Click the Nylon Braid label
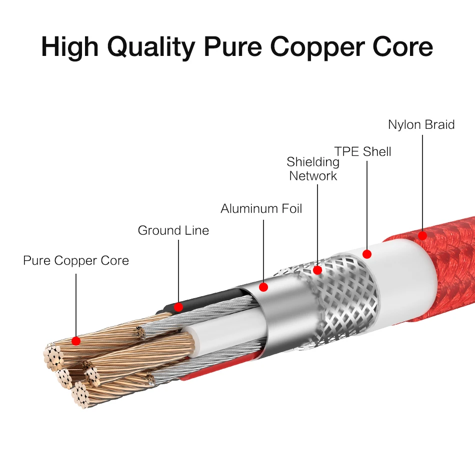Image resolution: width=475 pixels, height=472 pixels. click(421, 124)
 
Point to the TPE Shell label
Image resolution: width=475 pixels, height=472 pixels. click(362, 151)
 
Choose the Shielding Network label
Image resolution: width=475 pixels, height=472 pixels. click(313, 169)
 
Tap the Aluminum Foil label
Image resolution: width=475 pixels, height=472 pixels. click(261, 208)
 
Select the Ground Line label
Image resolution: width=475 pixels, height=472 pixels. click(173, 230)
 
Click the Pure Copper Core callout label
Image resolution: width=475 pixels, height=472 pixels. click(76, 261)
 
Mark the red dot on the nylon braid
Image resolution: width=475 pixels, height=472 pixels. click(422, 234)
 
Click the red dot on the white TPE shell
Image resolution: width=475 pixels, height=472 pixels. click(367, 254)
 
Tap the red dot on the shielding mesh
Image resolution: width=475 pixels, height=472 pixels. click(317, 270)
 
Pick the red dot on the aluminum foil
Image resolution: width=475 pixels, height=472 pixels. click(263, 287)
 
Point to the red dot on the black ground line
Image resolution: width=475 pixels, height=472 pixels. click(178, 307)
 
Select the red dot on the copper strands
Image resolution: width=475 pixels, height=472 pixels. click(76, 341)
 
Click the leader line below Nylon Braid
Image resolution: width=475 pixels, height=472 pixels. click(422, 180)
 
